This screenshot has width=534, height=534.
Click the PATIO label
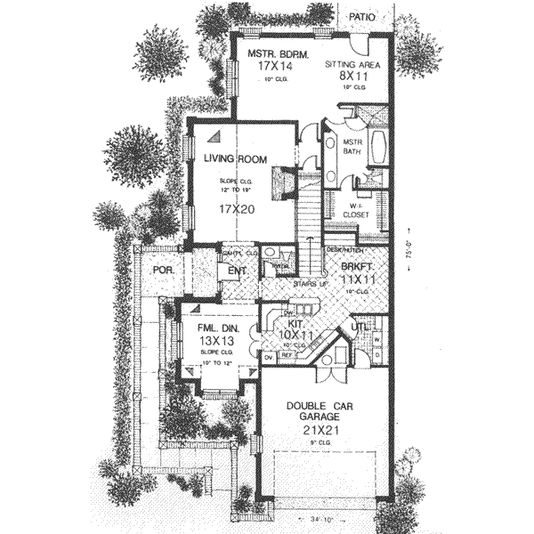click(358, 16)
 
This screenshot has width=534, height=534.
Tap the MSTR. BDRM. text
click(279, 55)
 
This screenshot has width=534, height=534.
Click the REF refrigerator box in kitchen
click(287, 354)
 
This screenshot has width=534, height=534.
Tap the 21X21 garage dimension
click(324, 427)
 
